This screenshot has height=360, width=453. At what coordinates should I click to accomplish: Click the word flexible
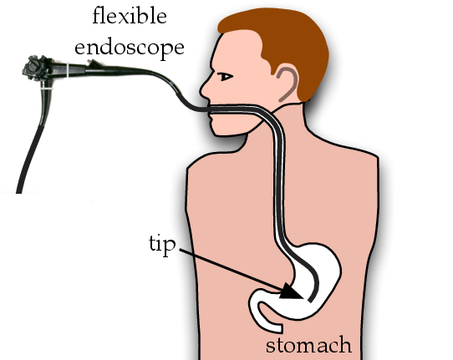pyautogui.click(x=130, y=16)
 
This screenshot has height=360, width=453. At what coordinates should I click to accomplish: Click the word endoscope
pyautogui.click(x=130, y=48)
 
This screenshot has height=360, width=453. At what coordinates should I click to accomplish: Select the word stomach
pyautogui.click(x=308, y=345)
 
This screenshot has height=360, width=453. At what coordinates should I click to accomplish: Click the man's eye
pyautogui.click(x=226, y=77)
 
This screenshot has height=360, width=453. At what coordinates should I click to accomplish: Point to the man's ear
pyautogui.click(x=288, y=84)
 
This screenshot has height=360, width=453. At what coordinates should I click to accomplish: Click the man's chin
pyautogui.click(x=220, y=129)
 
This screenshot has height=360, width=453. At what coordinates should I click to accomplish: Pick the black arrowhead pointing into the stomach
pyautogui.click(x=291, y=292)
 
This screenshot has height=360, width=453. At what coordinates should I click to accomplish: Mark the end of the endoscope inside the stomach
pyautogui.click(x=310, y=300)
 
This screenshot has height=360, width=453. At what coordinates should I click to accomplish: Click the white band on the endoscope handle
pyautogui.click(x=68, y=70)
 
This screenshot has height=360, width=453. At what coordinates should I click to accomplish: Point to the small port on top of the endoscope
pyautogui.click(x=93, y=63)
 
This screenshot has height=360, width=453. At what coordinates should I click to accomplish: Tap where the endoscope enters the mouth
pyautogui.click(x=209, y=109)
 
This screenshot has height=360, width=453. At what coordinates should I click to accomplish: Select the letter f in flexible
pyautogui.click(x=97, y=16)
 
